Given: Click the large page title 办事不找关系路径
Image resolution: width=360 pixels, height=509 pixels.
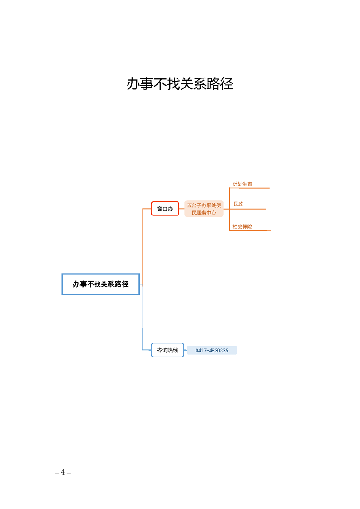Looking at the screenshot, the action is [x=180, y=84].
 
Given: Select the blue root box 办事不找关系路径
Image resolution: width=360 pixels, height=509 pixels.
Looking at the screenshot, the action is [x=101, y=284].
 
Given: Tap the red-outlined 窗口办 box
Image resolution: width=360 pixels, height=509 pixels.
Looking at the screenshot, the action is [x=165, y=209].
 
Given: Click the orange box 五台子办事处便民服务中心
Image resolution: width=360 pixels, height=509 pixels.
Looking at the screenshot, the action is [x=204, y=209].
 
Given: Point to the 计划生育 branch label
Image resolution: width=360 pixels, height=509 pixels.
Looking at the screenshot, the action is [x=242, y=184].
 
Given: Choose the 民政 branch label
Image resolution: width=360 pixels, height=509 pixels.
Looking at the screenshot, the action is [x=238, y=204].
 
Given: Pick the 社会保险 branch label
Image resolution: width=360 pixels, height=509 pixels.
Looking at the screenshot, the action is [x=242, y=226].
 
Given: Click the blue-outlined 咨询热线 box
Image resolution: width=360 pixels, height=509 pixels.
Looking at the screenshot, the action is [x=168, y=350].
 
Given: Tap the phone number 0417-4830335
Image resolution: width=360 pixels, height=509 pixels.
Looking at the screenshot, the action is [x=212, y=350].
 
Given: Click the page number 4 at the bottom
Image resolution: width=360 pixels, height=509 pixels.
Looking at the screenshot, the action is [x=63, y=472].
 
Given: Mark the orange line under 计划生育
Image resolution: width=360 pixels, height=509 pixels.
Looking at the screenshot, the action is [x=250, y=188].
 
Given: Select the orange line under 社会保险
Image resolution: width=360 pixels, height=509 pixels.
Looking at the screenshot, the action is [x=250, y=231].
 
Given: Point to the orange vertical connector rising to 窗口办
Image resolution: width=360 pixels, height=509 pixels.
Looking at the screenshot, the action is [x=143, y=246].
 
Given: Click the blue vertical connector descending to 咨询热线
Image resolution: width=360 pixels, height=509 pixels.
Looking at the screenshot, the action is [x=143, y=317].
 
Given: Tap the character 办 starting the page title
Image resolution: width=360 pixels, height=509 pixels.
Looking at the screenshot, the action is [x=133, y=84].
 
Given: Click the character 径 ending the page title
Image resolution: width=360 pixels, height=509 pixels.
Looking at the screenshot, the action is [x=227, y=84].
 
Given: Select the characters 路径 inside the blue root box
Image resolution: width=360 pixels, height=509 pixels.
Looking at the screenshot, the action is [x=122, y=284].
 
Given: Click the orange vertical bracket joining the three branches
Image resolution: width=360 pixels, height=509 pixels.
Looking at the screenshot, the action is [x=229, y=210].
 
